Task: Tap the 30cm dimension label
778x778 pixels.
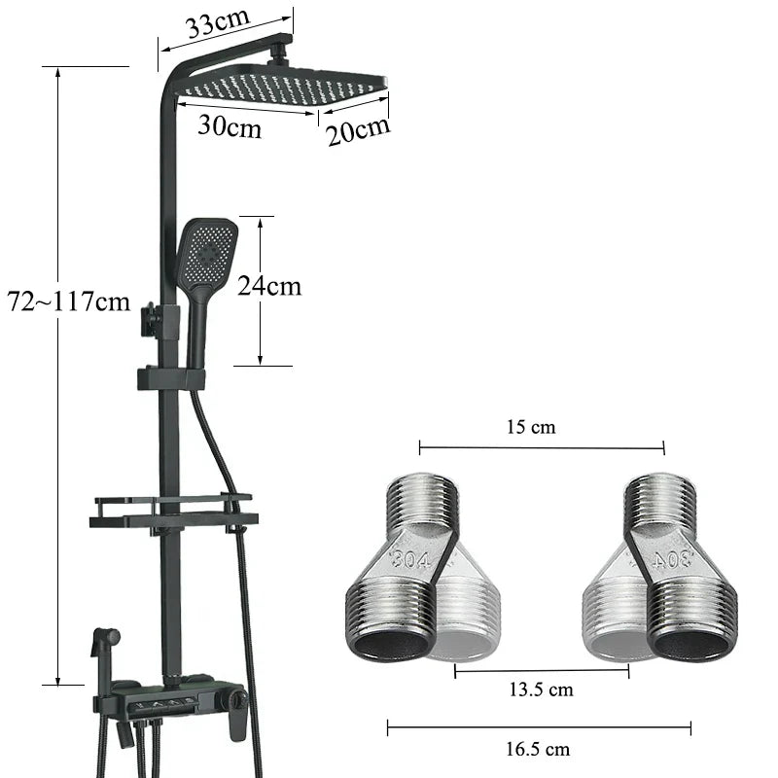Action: click(x=230, y=126)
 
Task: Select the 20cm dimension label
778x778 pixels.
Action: click(x=357, y=129)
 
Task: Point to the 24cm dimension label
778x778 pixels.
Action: click(x=269, y=286)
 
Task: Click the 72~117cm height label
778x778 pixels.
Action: click(x=68, y=301)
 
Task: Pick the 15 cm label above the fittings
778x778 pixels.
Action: click(x=532, y=427)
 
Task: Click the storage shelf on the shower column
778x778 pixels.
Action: click(x=173, y=512)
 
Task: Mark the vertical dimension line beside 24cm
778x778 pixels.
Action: click(x=261, y=292)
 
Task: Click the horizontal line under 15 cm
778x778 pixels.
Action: click(x=541, y=448)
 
